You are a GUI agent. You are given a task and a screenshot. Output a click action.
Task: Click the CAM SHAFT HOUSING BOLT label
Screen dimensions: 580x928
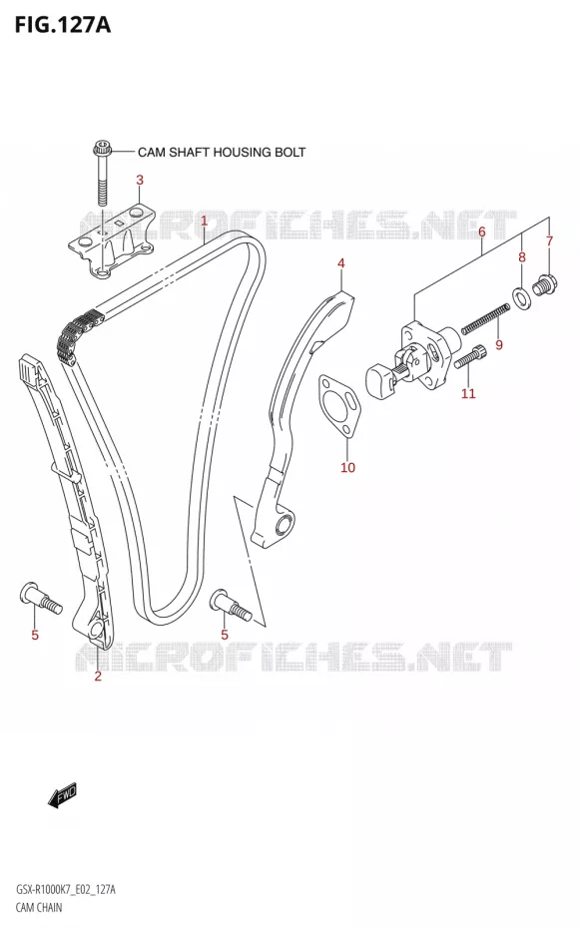(x=222, y=152)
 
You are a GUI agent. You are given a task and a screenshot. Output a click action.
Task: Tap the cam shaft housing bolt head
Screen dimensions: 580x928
(x=101, y=148)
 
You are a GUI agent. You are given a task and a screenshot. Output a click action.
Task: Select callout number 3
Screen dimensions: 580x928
(x=140, y=180)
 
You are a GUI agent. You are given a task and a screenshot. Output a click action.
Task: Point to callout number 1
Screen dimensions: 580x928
(x=204, y=222)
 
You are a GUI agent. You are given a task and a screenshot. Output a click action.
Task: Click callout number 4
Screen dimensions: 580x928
(x=340, y=263)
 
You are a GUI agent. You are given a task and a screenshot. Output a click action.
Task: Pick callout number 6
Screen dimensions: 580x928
(x=482, y=232)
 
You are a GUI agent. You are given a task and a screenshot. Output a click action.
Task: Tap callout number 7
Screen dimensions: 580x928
(x=549, y=240)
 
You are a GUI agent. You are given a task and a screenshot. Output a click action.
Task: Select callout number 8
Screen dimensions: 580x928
(x=521, y=256)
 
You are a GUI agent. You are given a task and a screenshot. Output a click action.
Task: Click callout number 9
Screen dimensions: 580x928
(x=499, y=344)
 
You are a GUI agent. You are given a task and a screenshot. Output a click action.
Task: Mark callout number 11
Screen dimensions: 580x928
(x=468, y=393)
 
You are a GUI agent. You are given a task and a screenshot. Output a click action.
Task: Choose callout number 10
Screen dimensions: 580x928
(x=348, y=468)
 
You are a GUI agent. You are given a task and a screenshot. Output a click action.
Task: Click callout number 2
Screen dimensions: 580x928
(x=98, y=676)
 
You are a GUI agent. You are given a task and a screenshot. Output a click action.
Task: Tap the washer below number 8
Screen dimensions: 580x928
(x=521, y=297)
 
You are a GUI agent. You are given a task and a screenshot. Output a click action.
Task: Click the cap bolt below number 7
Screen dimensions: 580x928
(x=543, y=284)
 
